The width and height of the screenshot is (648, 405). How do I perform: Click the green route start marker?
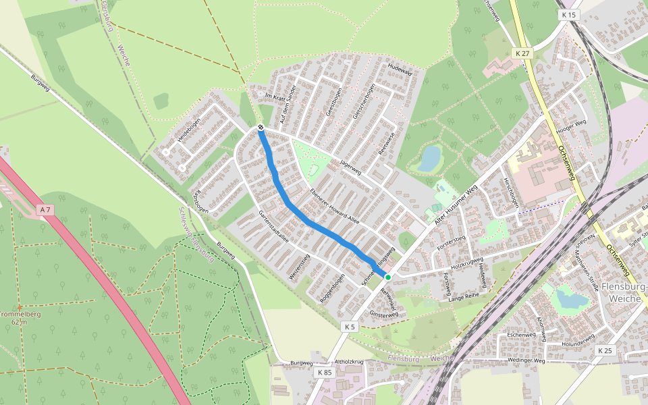(x=387, y=277)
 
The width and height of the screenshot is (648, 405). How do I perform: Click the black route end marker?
(x=261, y=127)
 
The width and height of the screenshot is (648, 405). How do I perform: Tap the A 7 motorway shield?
(x=45, y=211)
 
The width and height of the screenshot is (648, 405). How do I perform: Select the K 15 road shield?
(x=568, y=14)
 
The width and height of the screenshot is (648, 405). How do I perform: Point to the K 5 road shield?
(x=348, y=327)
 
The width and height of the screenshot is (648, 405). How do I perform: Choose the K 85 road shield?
(x=324, y=372)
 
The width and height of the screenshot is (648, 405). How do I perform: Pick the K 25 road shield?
(x=605, y=350)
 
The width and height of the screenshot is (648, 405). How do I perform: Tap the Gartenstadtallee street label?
(x=274, y=230)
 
